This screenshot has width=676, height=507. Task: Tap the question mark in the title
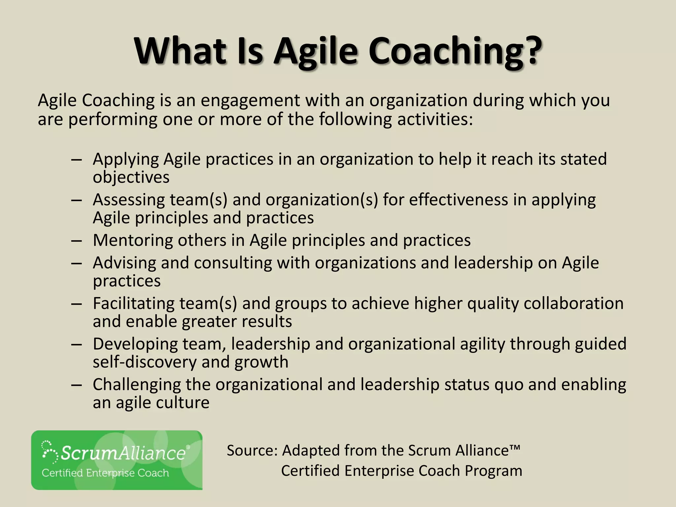(530, 51)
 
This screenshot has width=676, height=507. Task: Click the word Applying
(126, 160)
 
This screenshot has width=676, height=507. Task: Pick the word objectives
(131, 178)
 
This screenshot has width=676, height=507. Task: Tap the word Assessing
(129, 200)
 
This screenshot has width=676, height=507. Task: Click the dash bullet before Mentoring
(76, 241)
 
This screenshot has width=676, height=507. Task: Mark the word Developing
(135, 344)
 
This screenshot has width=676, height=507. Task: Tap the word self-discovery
(145, 362)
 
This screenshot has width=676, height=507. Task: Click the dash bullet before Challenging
(76, 385)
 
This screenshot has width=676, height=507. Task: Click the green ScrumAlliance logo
(117, 460)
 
